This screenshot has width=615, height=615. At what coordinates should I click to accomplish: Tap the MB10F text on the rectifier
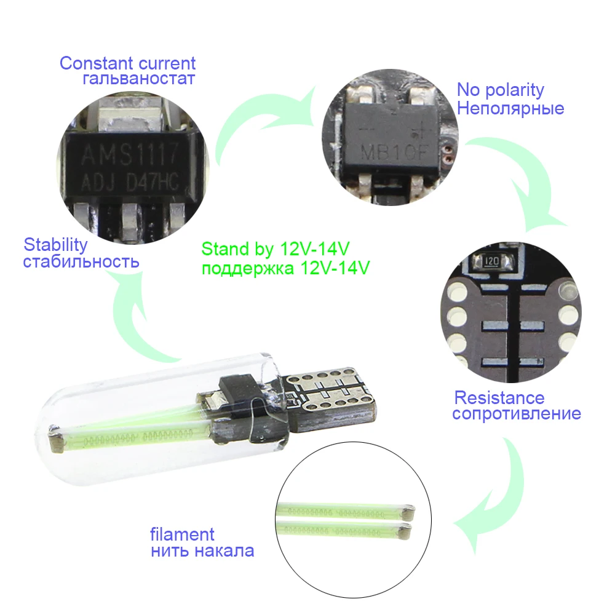click(395, 152)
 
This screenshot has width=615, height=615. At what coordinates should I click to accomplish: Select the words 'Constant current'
click(127, 63)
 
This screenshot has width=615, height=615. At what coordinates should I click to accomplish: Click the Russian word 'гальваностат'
click(139, 79)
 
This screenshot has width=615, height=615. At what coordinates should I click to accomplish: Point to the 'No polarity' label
click(501, 90)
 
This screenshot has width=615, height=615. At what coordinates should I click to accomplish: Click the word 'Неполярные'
click(510, 108)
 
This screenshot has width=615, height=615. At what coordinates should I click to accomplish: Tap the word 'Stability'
click(56, 245)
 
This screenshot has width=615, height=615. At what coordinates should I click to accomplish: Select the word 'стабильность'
click(81, 261)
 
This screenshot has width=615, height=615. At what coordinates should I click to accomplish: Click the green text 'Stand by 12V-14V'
click(276, 249)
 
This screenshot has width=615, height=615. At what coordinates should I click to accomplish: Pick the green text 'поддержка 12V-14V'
click(285, 268)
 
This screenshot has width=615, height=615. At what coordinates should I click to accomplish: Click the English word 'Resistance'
click(499, 398)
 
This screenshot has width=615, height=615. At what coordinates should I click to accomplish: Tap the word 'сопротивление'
click(517, 414)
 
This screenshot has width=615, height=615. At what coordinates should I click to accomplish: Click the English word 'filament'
click(183, 534)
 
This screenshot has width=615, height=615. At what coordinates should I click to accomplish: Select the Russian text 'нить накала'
click(202, 551)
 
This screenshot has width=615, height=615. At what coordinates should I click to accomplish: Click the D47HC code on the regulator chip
click(153, 181)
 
